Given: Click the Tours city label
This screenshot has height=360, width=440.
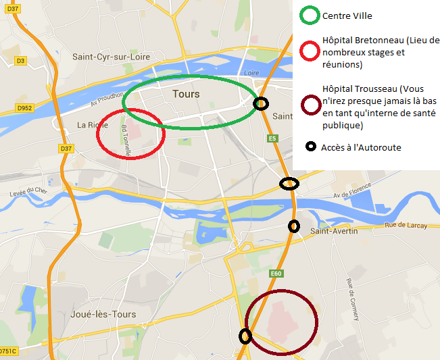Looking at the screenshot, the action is pos(186,94).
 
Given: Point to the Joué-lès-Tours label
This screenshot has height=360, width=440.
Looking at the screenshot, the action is pos(103,314).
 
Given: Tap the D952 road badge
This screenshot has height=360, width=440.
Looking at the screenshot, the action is pos(25,107).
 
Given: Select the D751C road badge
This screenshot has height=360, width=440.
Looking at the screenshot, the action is pos(7,351).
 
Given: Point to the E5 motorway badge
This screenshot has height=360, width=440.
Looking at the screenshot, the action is pos(272,138).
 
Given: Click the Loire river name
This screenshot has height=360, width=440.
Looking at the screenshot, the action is pos(251,72).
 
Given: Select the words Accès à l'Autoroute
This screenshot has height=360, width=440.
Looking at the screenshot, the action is pos(361,147).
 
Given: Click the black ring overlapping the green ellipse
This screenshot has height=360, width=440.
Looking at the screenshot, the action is pos(260,103).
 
